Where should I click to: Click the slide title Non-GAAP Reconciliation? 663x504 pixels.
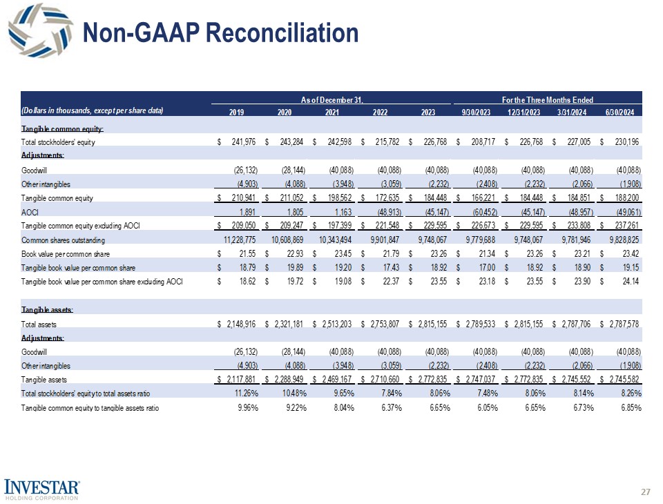[x=220, y=32]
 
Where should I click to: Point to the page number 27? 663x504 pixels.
[x=646, y=492]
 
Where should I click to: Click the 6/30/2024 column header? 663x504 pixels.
[x=625, y=112]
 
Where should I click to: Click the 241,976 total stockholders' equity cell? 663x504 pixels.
[x=240, y=142]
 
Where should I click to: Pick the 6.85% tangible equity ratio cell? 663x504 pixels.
[x=630, y=407]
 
